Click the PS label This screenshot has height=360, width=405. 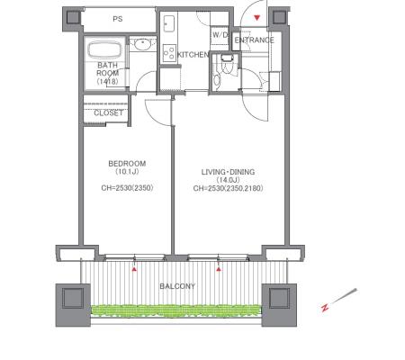coord(118,19)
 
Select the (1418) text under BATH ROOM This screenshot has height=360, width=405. coord(107,81)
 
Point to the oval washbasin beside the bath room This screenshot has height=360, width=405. coord(142,45)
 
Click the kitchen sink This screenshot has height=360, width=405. coord(169,23)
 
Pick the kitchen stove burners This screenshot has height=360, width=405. coord(169,53)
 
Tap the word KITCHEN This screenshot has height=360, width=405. coord(193,55)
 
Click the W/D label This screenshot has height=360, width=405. coord(220,35)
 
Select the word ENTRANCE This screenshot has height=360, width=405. coord(254,40)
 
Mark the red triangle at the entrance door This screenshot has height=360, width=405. coord(256,18)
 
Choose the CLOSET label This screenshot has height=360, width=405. coord(108,112)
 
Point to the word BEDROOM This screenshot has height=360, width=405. coord(127,164)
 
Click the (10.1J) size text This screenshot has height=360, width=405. coord(127,172)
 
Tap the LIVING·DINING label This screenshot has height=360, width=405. coord(228,172)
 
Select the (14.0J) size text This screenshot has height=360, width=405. coord(228,180)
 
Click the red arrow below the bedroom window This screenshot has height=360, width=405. coord(135,269)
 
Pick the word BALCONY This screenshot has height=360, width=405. coord(177,286)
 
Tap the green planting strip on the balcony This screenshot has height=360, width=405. coord(176,310)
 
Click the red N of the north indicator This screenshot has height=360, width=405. coord(325,308)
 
